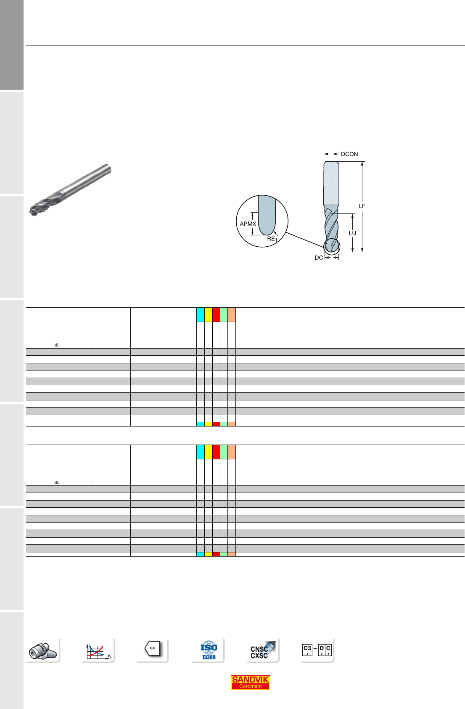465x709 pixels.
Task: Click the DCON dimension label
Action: tap(349, 154)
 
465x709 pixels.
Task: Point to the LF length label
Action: tap(362, 206)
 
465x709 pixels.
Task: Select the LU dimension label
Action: tap(352, 233)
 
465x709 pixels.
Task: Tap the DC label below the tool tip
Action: tap(319, 258)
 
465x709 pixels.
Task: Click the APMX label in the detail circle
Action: tap(248, 224)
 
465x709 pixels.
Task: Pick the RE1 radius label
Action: tap(272, 239)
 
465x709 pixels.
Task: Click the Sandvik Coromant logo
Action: tap(250, 682)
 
